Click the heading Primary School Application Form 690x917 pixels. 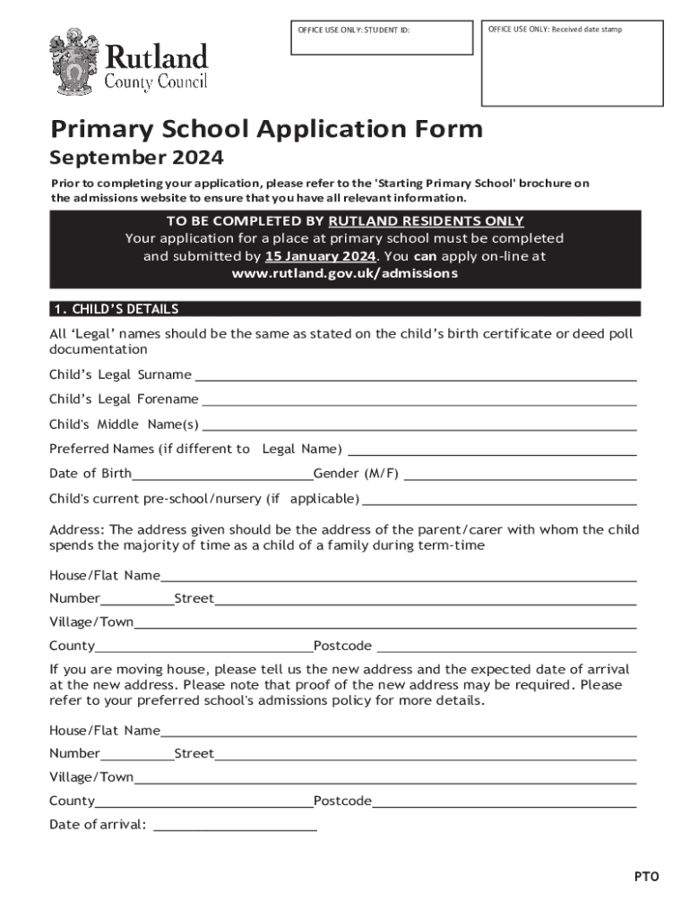(266, 130)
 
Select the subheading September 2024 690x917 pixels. (136, 159)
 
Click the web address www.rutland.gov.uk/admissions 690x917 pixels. (345, 273)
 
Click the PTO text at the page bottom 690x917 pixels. (648, 877)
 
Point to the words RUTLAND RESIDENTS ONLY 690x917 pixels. (426, 221)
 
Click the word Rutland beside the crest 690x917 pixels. (157, 58)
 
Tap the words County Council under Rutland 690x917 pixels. (156, 82)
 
